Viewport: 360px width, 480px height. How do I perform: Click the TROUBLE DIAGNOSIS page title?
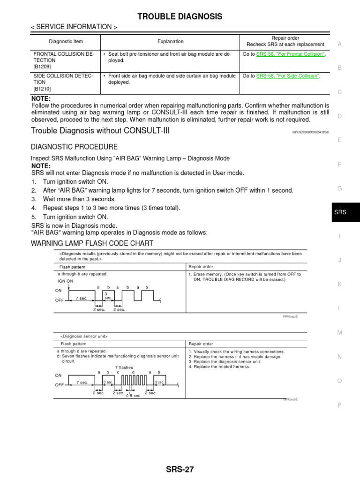[x=180, y=17]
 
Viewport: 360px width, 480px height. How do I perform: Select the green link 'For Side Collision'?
[x=288, y=76]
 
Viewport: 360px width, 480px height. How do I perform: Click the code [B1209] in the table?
[x=42, y=67]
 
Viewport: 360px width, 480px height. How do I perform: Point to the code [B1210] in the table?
[x=42, y=89]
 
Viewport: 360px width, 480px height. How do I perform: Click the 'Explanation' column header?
[x=170, y=41]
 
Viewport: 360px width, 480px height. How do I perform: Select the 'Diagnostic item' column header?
[x=65, y=41]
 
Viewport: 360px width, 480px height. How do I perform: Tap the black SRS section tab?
[x=340, y=212]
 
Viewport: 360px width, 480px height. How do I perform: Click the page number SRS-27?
[x=180, y=469]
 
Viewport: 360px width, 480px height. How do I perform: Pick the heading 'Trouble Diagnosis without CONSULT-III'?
[x=100, y=130]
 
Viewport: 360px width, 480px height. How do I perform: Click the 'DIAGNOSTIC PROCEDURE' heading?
[x=74, y=147]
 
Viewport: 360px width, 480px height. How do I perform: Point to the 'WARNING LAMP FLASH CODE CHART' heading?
[x=92, y=243]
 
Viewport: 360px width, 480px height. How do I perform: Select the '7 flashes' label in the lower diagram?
[x=124, y=367]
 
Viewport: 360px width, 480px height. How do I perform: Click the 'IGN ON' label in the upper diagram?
[x=65, y=281]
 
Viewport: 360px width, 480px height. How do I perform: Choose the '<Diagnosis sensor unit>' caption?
[x=84, y=336]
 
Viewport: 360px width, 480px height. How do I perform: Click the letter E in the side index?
[x=339, y=140]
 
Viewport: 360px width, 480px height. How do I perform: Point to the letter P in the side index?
[x=339, y=405]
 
